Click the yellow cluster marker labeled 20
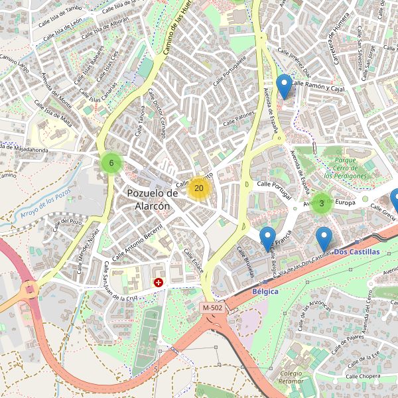coord(199,188)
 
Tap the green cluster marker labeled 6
coord(111,163)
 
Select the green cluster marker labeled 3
coord(322,204)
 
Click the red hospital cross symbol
coord(159,283)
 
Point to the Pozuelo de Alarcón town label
coord(153,200)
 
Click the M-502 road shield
coord(213,308)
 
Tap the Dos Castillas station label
coord(357,253)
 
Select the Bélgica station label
coord(265,291)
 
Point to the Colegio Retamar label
coord(291,377)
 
